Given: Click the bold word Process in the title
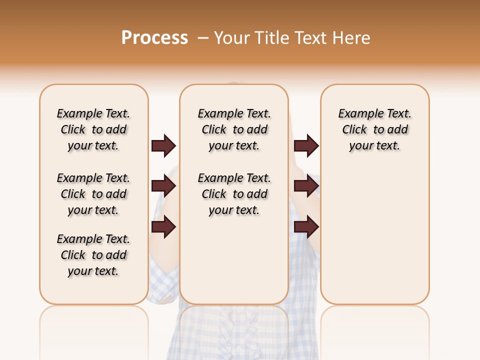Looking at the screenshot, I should [154, 38].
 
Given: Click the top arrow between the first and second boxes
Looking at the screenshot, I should [163, 146].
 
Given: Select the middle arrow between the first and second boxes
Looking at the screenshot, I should [163, 186].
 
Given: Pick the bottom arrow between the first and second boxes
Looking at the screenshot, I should [163, 227].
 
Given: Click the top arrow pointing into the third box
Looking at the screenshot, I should [306, 146].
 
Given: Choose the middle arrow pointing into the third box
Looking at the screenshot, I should [306, 186].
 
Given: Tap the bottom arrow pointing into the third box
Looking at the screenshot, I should [306, 227].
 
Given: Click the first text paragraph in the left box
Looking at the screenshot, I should [93, 129].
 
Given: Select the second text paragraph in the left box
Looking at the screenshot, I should [93, 194].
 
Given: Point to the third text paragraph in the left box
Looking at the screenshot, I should [93, 255].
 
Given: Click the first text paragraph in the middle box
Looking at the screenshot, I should [234, 129].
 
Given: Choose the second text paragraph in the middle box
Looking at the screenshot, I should [234, 194].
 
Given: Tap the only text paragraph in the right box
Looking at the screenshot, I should [374, 129].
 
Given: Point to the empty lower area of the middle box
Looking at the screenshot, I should [234, 260].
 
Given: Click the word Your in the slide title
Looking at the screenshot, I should [232, 38].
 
